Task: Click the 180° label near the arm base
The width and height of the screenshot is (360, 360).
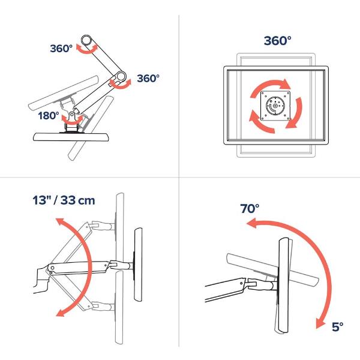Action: (49, 115)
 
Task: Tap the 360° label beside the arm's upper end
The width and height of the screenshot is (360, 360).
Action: (61, 49)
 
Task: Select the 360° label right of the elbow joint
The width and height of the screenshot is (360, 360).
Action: (148, 78)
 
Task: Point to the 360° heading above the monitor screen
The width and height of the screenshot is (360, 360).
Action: (277, 41)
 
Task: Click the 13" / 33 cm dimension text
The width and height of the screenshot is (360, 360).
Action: (64, 200)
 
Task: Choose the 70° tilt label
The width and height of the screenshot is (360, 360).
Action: (250, 208)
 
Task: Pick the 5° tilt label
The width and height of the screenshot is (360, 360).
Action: (337, 327)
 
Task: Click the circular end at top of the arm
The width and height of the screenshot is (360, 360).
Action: (86, 41)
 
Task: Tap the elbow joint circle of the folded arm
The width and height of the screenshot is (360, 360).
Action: (121, 76)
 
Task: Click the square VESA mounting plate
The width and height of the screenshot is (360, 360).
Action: (275, 106)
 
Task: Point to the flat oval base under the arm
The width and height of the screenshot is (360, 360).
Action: (71, 137)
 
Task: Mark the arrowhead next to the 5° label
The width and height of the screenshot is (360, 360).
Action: (320, 323)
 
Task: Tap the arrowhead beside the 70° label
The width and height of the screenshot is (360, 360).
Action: (251, 223)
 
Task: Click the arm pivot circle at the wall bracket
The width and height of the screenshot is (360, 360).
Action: (52, 268)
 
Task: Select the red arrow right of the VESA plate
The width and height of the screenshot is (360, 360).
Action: (296, 113)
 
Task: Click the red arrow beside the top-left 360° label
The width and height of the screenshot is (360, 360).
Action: (87, 49)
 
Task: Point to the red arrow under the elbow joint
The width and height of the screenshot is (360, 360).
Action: (121, 85)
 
